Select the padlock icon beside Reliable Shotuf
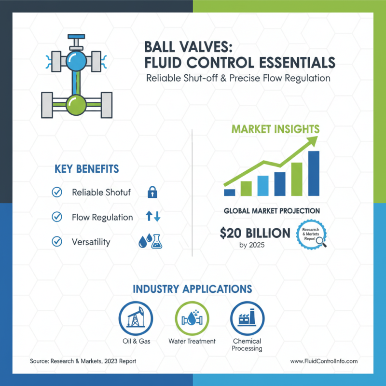point(152,193)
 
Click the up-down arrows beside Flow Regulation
point(153,217)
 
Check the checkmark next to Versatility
point(57,242)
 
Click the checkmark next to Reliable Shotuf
point(57,192)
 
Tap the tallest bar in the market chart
point(313,173)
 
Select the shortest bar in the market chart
point(230,192)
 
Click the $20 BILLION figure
point(255,234)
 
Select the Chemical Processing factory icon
point(246,318)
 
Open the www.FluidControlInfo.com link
point(324,361)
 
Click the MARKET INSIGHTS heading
point(276,129)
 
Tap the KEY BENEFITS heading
point(87,169)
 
